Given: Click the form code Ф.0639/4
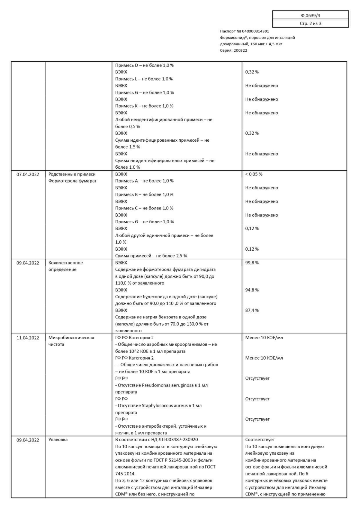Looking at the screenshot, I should click(310, 15).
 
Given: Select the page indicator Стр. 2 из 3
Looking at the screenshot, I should click(310, 23).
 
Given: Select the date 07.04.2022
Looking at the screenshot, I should click(28, 174).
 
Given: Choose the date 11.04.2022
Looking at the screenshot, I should click(28, 338).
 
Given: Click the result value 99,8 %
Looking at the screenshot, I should click(252, 263).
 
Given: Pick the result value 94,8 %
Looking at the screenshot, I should click(252, 290).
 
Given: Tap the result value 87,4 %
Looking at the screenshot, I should click(252, 310).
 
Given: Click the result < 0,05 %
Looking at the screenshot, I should click(254, 174).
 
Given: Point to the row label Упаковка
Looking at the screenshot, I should click(58, 440).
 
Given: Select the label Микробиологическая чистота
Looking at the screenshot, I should click(71, 341).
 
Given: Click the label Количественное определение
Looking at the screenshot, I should click(65, 266).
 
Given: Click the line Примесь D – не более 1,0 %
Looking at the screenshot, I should click(144, 65).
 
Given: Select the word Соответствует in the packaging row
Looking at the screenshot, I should click(260, 440).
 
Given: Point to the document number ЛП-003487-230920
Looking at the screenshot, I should click(178, 440).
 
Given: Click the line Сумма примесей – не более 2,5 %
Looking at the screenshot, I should click(151, 256).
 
